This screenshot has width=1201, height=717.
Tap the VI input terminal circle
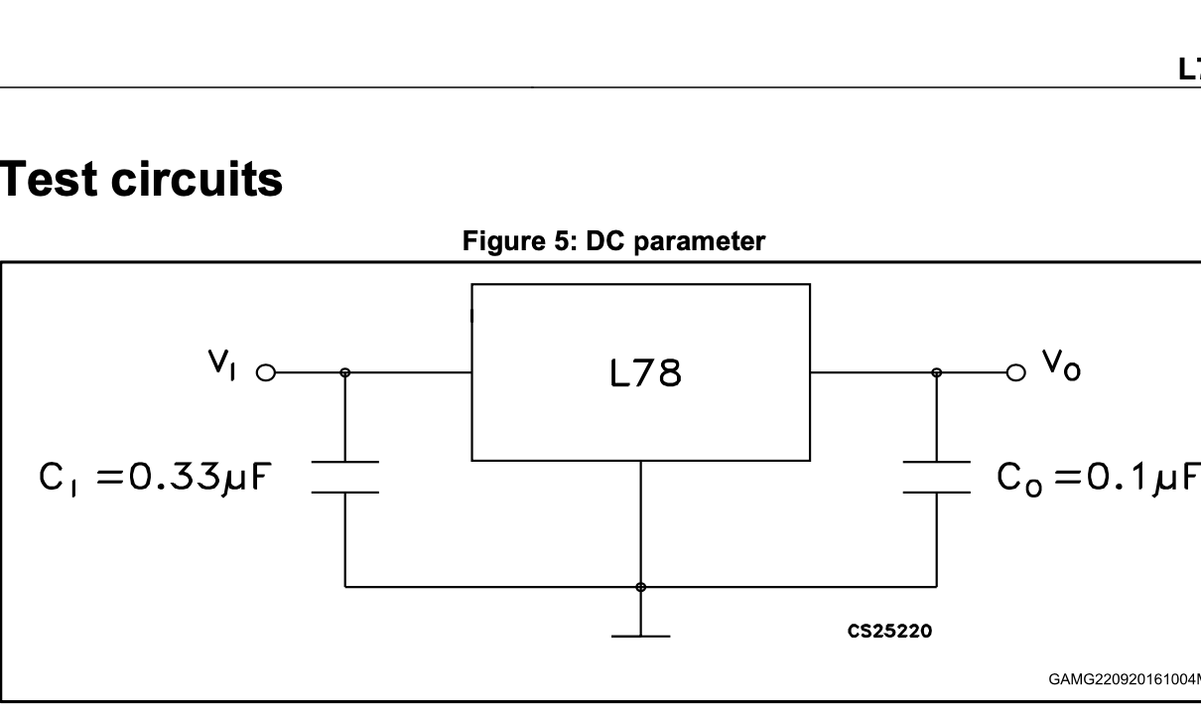(x=265, y=373)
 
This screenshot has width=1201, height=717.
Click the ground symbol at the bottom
(x=640, y=634)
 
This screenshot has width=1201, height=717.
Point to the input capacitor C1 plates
(x=345, y=477)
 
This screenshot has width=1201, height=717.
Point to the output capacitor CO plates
(x=936, y=477)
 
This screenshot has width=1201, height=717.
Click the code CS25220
(x=889, y=631)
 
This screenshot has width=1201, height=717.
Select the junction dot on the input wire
(x=345, y=373)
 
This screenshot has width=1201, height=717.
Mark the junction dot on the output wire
(x=936, y=373)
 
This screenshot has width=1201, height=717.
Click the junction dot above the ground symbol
(x=640, y=587)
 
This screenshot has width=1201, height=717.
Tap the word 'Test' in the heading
(x=48, y=179)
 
